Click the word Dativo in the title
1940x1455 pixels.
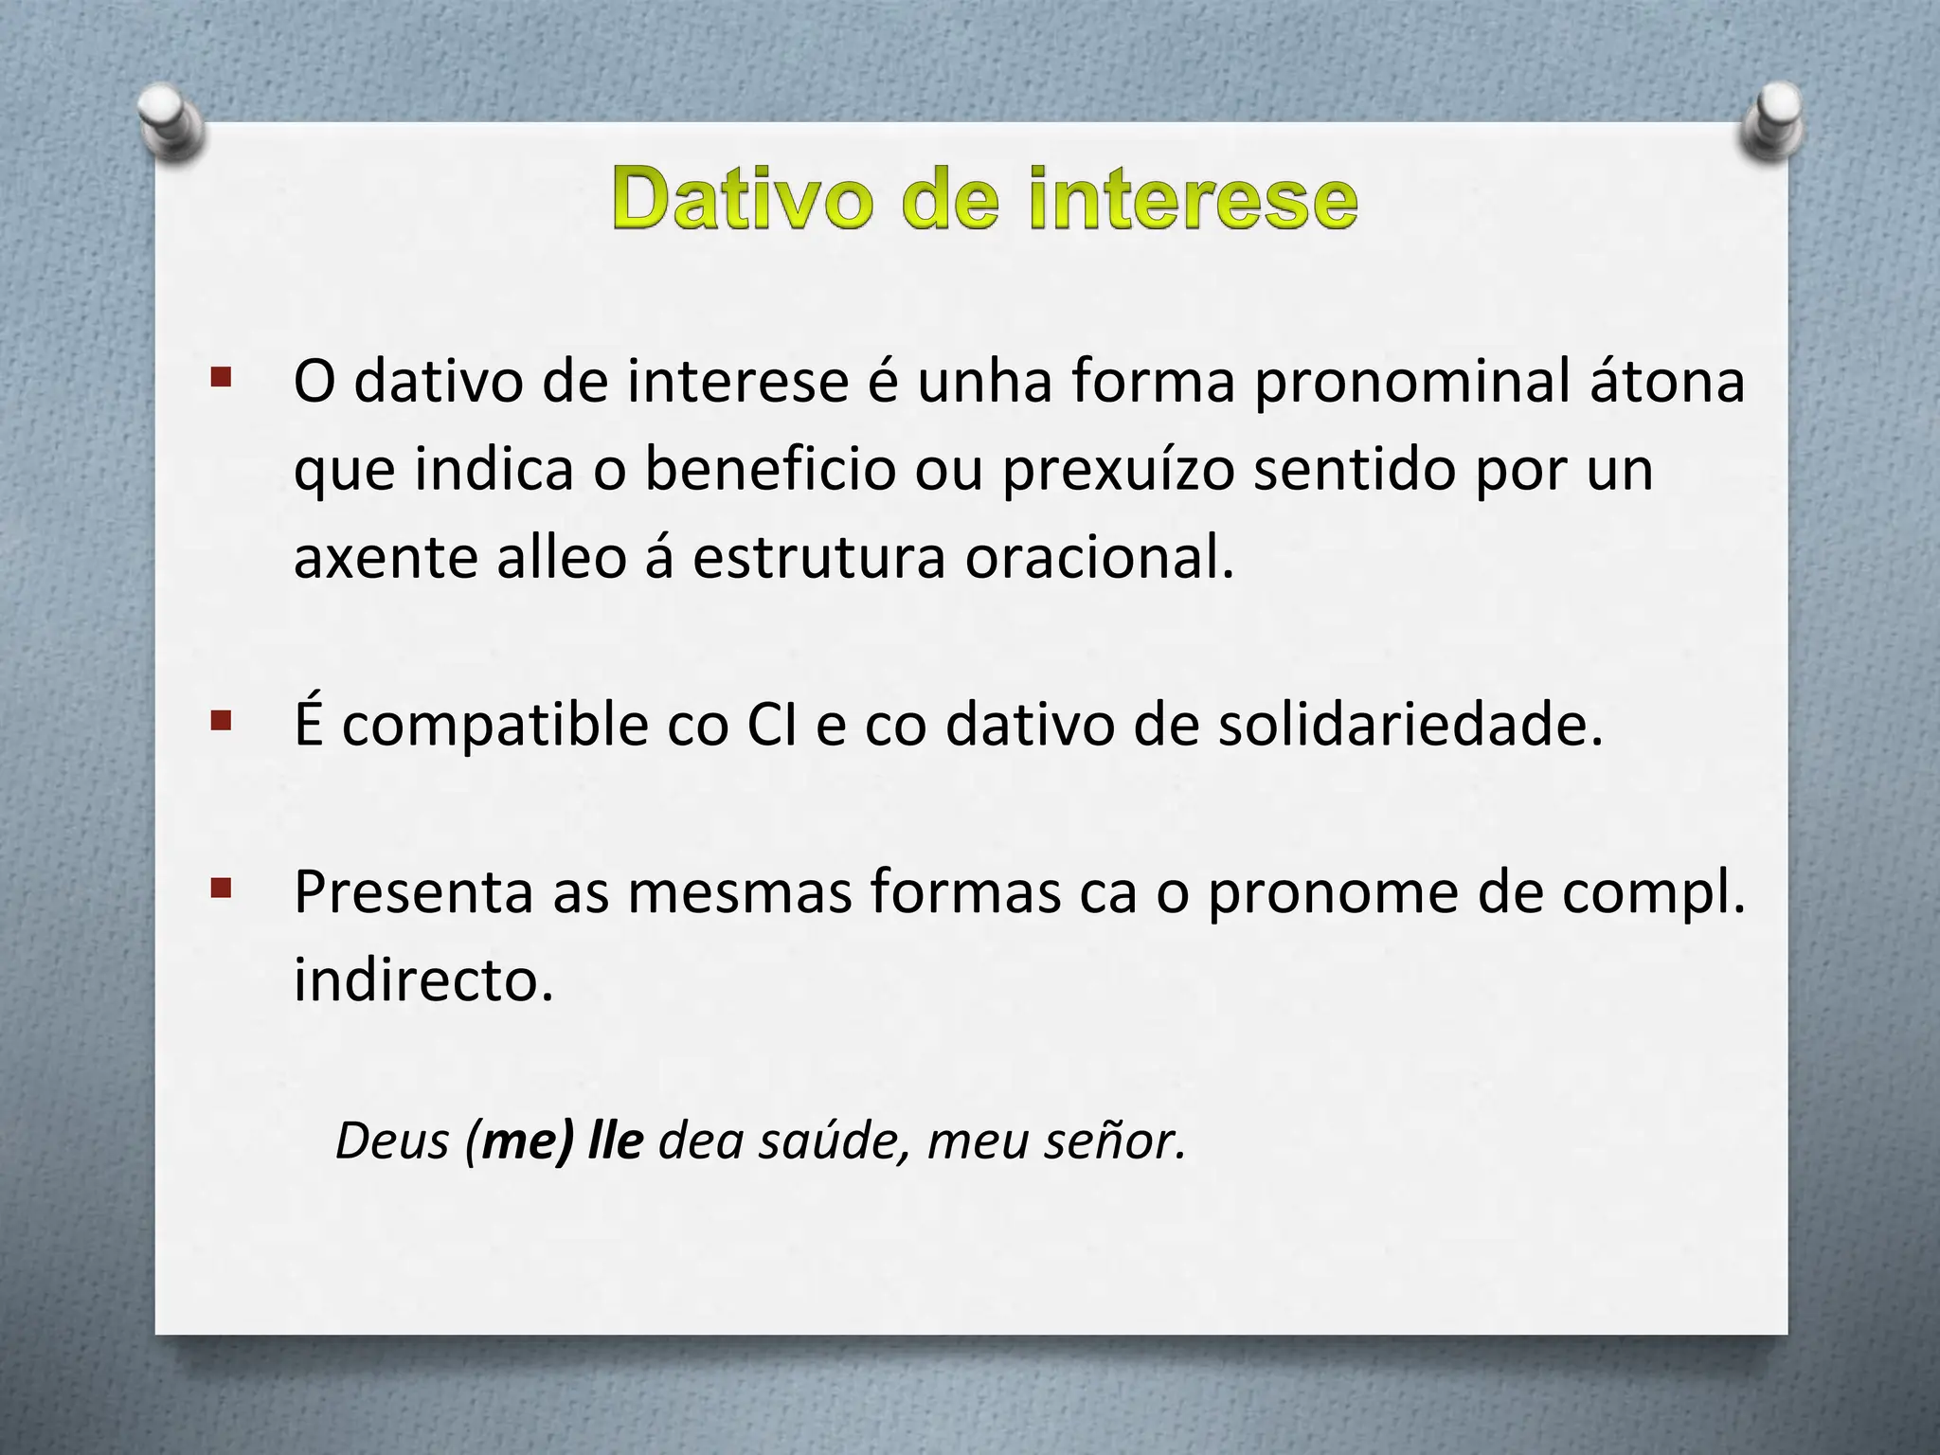click(742, 199)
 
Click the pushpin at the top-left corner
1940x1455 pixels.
click(171, 122)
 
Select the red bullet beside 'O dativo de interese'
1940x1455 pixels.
click(222, 379)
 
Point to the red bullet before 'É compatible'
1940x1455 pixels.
click(222, 723)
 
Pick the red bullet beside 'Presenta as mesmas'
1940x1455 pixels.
click(222, 889)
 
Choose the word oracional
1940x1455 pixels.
click(1099, 557)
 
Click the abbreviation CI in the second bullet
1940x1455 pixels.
click(772, 726)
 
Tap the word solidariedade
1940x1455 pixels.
click(1410, 726)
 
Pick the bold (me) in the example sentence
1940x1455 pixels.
click(520, 1141)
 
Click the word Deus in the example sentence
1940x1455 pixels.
click(392, 1141)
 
